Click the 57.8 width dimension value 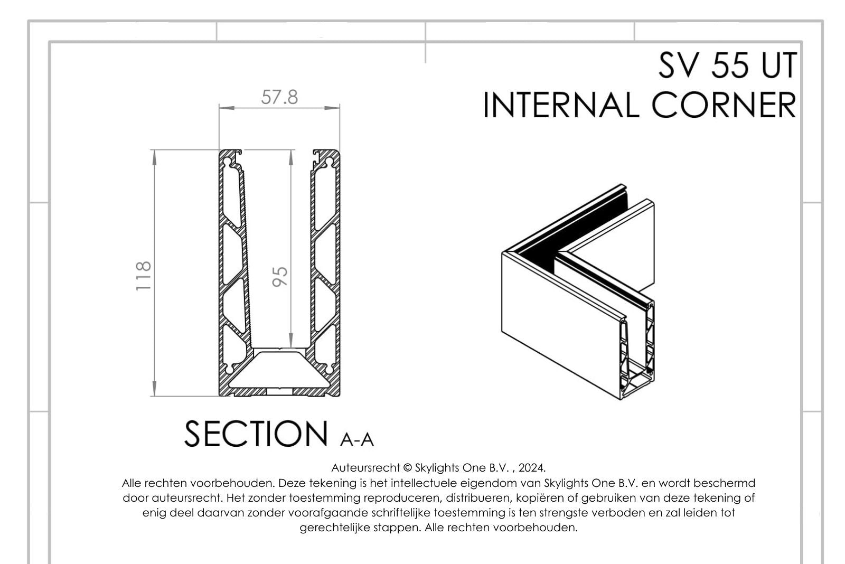click(x=279, y=97)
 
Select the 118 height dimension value click(x=144, y=275)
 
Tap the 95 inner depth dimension click(x=280, y=276)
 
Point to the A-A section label click(x=357, y=439)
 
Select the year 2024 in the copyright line click(x=531, y=468)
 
